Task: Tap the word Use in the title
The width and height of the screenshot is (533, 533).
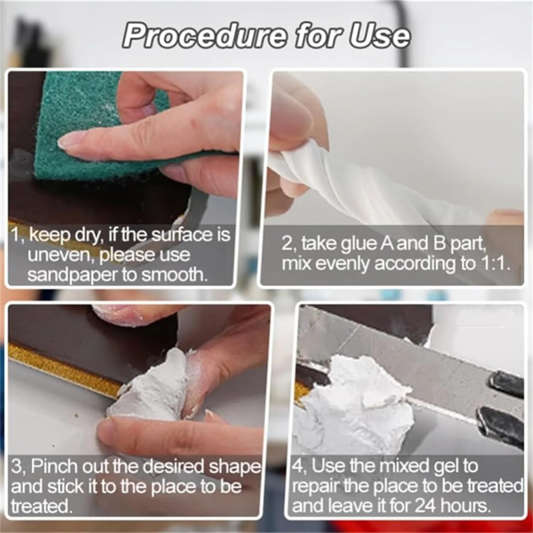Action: pyautogui.click(x=379, y=36)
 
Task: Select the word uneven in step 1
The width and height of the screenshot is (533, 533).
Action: pyautogui.click(x=61, y=254)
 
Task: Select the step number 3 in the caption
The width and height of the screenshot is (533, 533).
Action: pyautogui.click(x=16, y=467)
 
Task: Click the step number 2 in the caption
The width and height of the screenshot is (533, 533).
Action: pyautogui.click(x=287, y=244)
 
